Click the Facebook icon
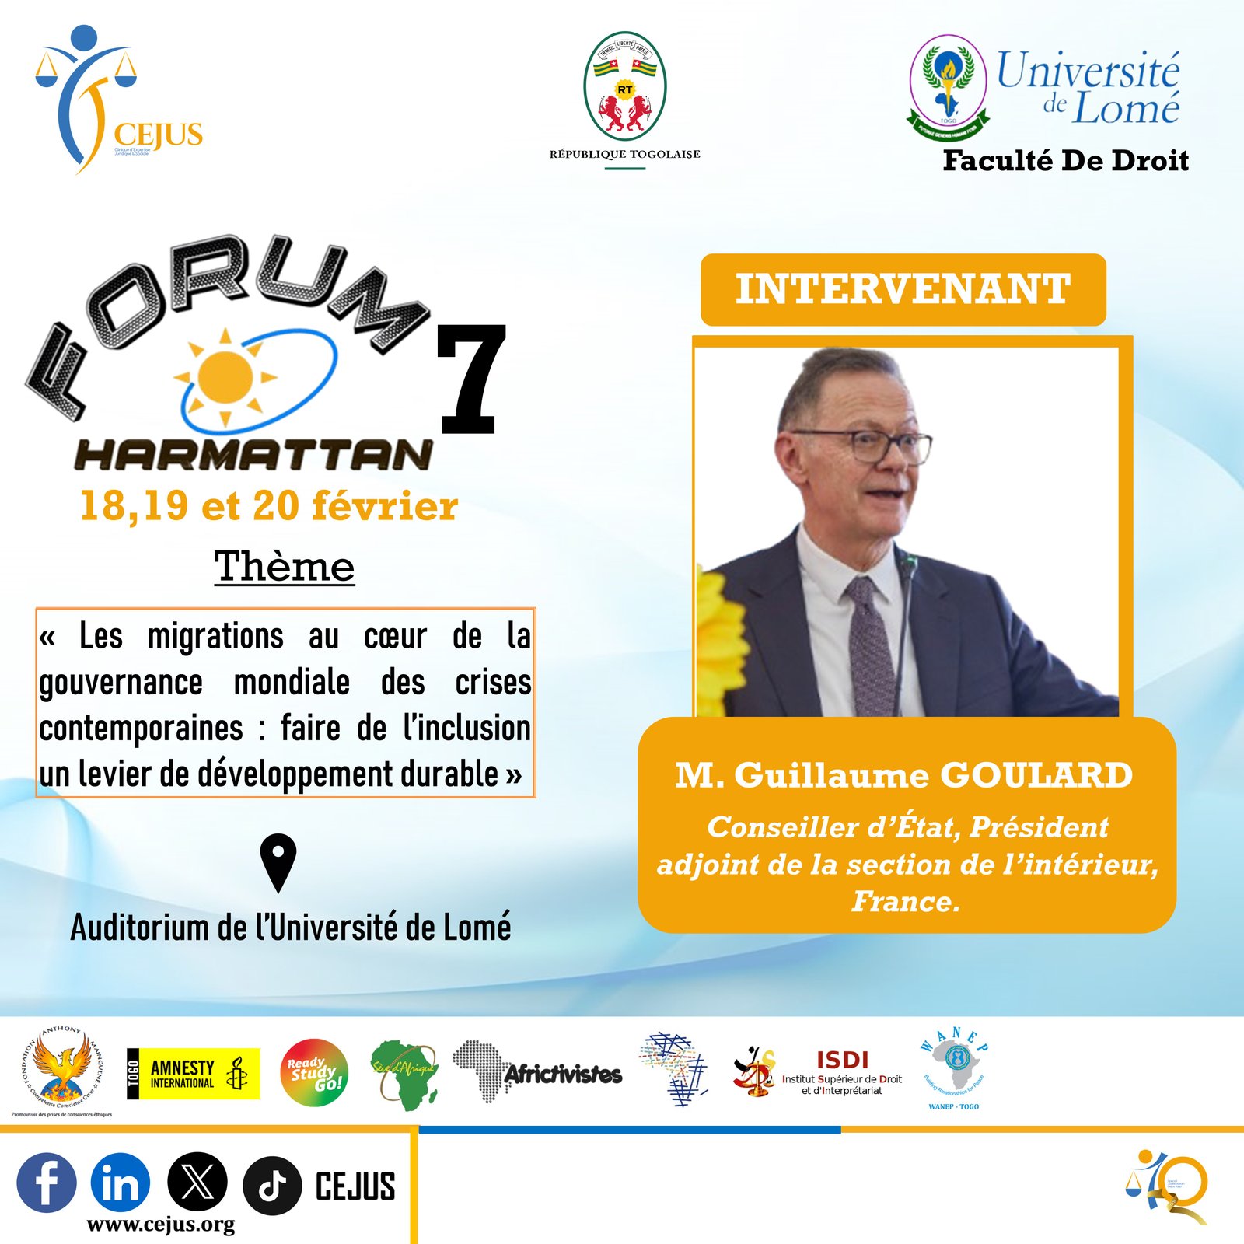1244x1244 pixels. click(47, 1183)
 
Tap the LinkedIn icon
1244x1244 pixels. click(121, 1183)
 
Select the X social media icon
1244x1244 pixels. click(197, 1183)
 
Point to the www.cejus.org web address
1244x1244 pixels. click(161, 1225)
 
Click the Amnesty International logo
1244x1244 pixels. click(193, 1074)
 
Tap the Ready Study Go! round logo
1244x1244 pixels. click(314, 1073)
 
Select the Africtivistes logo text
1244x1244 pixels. click(563, 1075)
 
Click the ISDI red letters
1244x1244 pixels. click(842, 1059)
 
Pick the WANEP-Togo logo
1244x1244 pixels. click(954, 1068)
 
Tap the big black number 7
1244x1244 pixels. click(471, 379)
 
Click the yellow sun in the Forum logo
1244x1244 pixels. click(225, 377)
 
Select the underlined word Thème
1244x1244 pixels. click(285, 566)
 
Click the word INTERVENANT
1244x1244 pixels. click(903, 289)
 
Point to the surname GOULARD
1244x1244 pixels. click(1036, 775)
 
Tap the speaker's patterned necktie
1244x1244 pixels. click(871, 645)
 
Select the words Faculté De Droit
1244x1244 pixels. click(1065, 160)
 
